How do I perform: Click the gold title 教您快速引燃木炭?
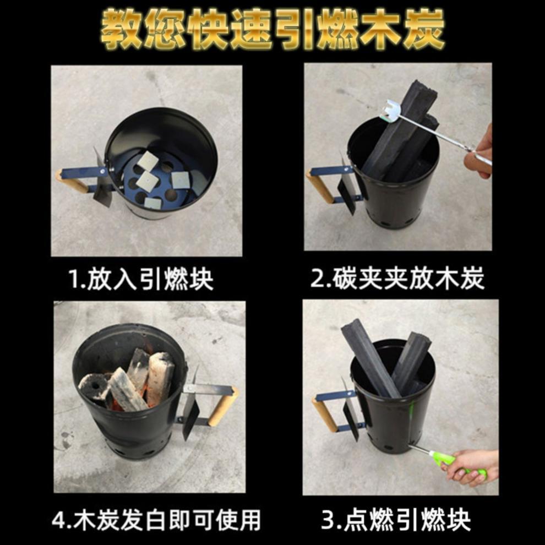point(273,29)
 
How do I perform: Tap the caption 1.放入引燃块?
point(141,279)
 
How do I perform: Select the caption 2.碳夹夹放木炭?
point(397,278)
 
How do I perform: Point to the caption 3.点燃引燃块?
point(396,519)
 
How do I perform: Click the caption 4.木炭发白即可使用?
point(156,520)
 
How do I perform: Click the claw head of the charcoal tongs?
point(392,111)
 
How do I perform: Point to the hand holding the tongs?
point(479,153)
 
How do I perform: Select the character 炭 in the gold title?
point(424,29)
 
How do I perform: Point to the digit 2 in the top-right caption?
point(317,279)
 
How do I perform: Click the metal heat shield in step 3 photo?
point(350,410)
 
